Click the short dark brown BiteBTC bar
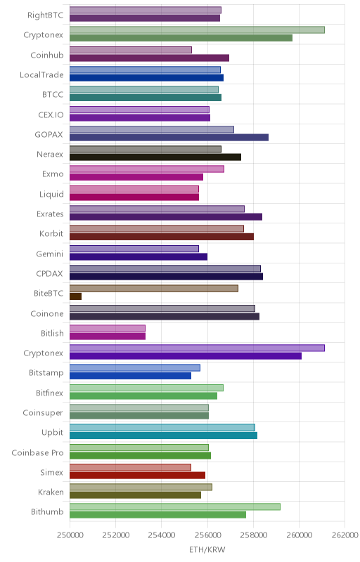click(76, 296)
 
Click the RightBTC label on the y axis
click(45, 15)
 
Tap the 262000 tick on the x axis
click(345, 535)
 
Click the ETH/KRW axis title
click(207, 550)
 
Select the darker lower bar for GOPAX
click(169, 137)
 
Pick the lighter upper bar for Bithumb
click(175, 507)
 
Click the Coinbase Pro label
click(38, 452)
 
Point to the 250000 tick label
click(70, 535)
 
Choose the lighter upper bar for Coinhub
click(131, 50)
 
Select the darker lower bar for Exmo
click(136, 177)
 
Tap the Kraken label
click(51, 492)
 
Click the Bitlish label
click(52, 333)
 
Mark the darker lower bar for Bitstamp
click(130, 376)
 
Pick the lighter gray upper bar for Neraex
click(146, 149)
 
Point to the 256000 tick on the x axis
click(207, 535)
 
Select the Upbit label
click(52, 433)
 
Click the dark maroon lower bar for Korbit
click(162, 237)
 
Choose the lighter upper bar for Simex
click(130, 467)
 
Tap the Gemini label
click(49, 254)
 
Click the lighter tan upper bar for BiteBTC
click(154, 288)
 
